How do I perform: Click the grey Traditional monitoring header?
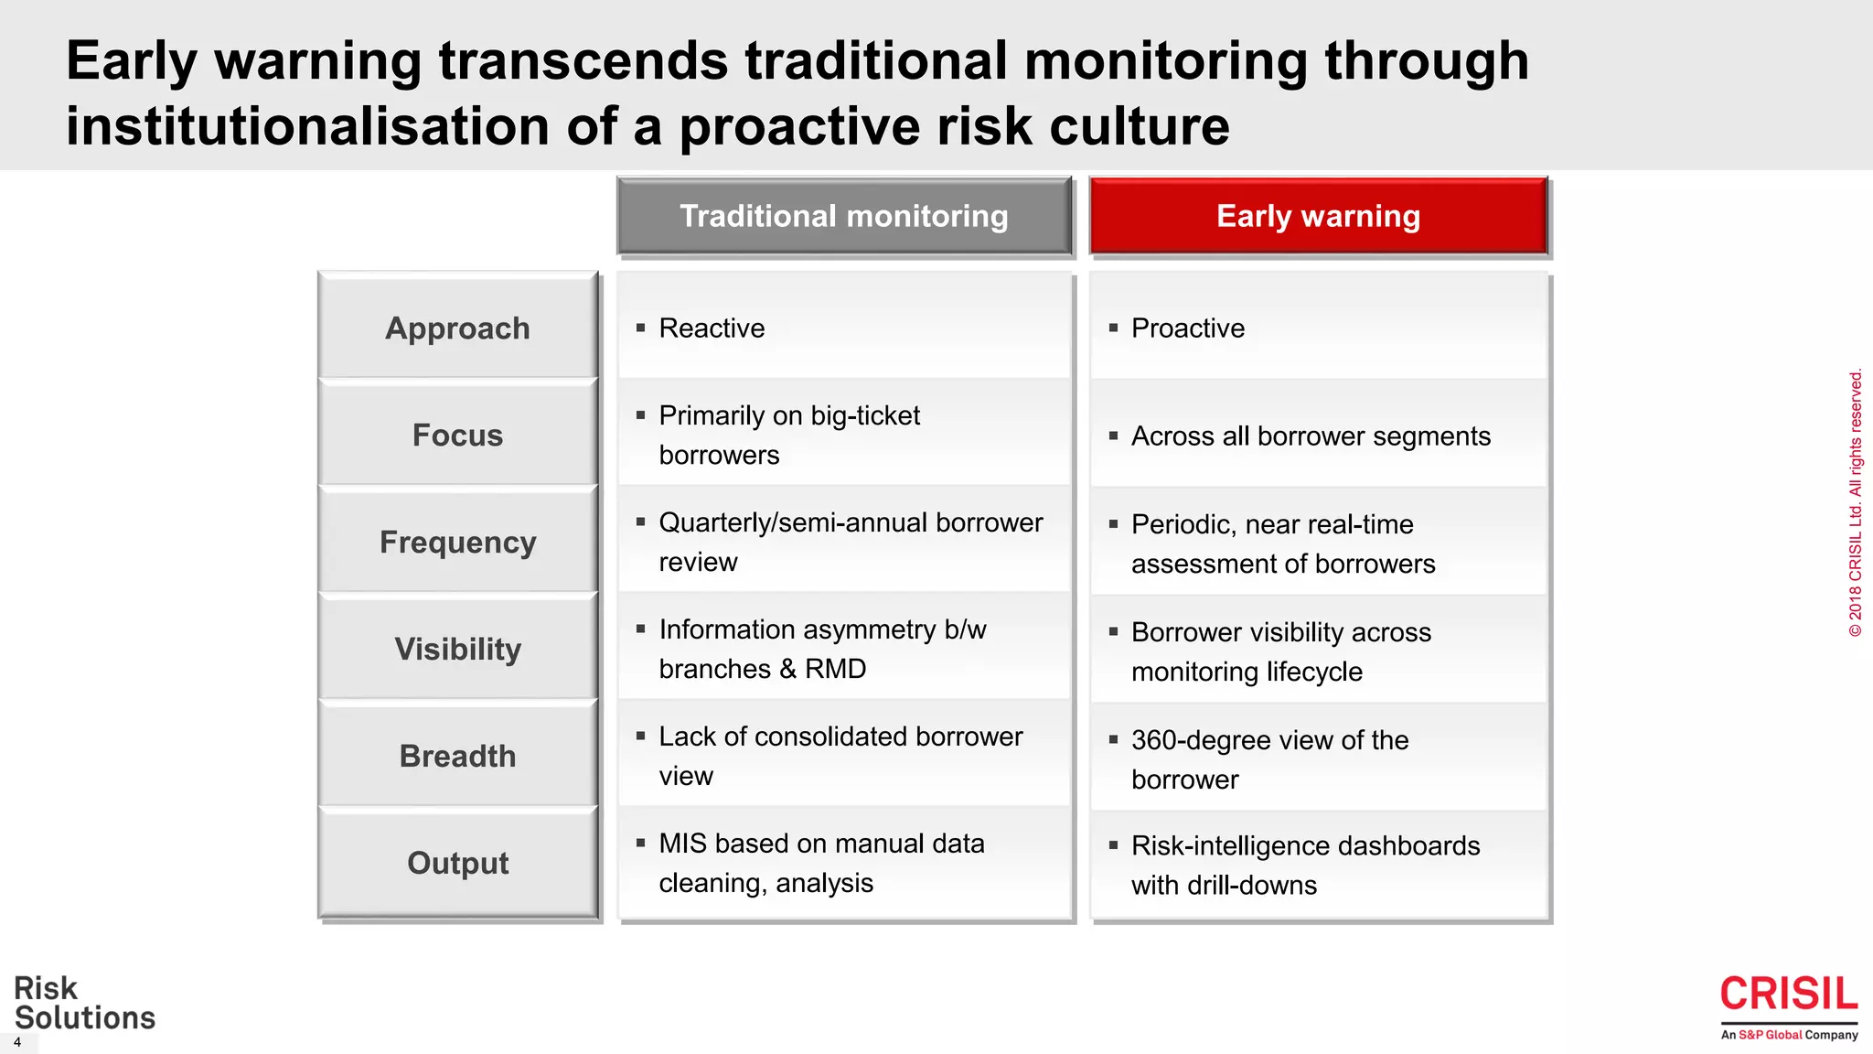click(x=843, y=216)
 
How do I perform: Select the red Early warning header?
click(x=1318, y=216)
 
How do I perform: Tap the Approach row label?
click(x=457, y=328)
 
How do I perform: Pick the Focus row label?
click(x=457, y=435)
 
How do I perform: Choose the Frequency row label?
click(x=457, y=542)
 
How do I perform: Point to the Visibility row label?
click(x=457, y=649)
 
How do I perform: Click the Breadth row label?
click(x=457, y=756)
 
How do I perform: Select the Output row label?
click(x=457, y=863)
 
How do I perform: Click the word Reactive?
click(x=712, y=328)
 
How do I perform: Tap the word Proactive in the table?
click(x=1187, y=328)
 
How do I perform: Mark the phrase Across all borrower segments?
click(x=1310, y=436)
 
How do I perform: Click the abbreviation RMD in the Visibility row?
click(x=835, y=669)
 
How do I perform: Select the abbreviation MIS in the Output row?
click(x=682, y=844)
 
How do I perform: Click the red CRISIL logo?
click(x=1788, y=995)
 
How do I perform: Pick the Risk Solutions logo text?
click(x=84, y=1003)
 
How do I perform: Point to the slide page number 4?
click(x=16, y=1042)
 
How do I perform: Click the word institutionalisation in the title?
click(x=307, y=126)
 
